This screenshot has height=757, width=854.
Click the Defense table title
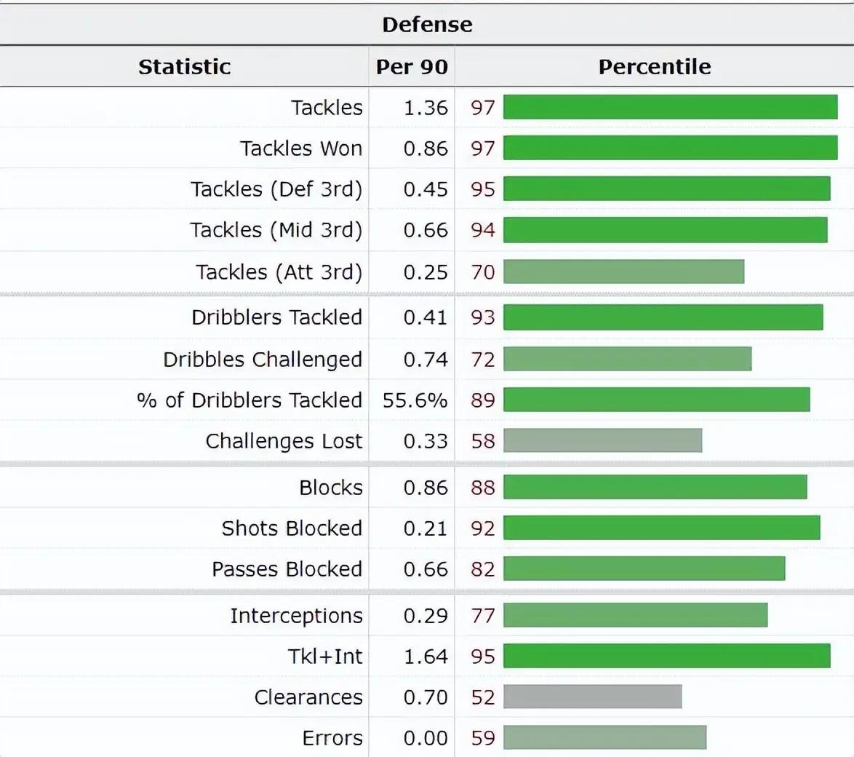click(x=427, y=24)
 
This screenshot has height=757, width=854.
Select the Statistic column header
click(x=184, y=66)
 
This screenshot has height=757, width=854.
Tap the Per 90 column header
click(x=412, y=66)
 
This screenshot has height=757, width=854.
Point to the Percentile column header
click(x=654, y=66)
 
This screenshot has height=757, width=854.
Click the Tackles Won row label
click(x=301, y=148)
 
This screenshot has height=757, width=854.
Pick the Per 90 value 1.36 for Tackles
click(x=426, y=107)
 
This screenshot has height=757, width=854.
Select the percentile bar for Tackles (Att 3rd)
click(x=623, y=272)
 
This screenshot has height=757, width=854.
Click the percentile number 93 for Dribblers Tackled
click(x=483, y=317)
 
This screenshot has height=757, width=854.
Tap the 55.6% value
click(x=415, y=400)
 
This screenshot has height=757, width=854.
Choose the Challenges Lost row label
click(x=284, y=440)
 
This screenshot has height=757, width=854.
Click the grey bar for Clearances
click(x=592, y=697)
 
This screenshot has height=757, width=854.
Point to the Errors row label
click(x=332, y=737)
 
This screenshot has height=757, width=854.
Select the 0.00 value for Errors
click(x=426, y=737)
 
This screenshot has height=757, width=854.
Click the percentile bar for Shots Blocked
click(x=661, y=528)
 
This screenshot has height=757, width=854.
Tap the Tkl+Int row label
click(x=325, y=656)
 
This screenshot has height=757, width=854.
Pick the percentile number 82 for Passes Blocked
click(x=483, y=568)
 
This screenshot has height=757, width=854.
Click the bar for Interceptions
click(x=635, y=615)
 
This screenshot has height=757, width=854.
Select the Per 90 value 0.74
click(x=426, y=359)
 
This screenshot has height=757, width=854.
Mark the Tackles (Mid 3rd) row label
click(x=276, y=229)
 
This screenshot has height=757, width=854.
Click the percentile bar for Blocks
click(x=655, y=487)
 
